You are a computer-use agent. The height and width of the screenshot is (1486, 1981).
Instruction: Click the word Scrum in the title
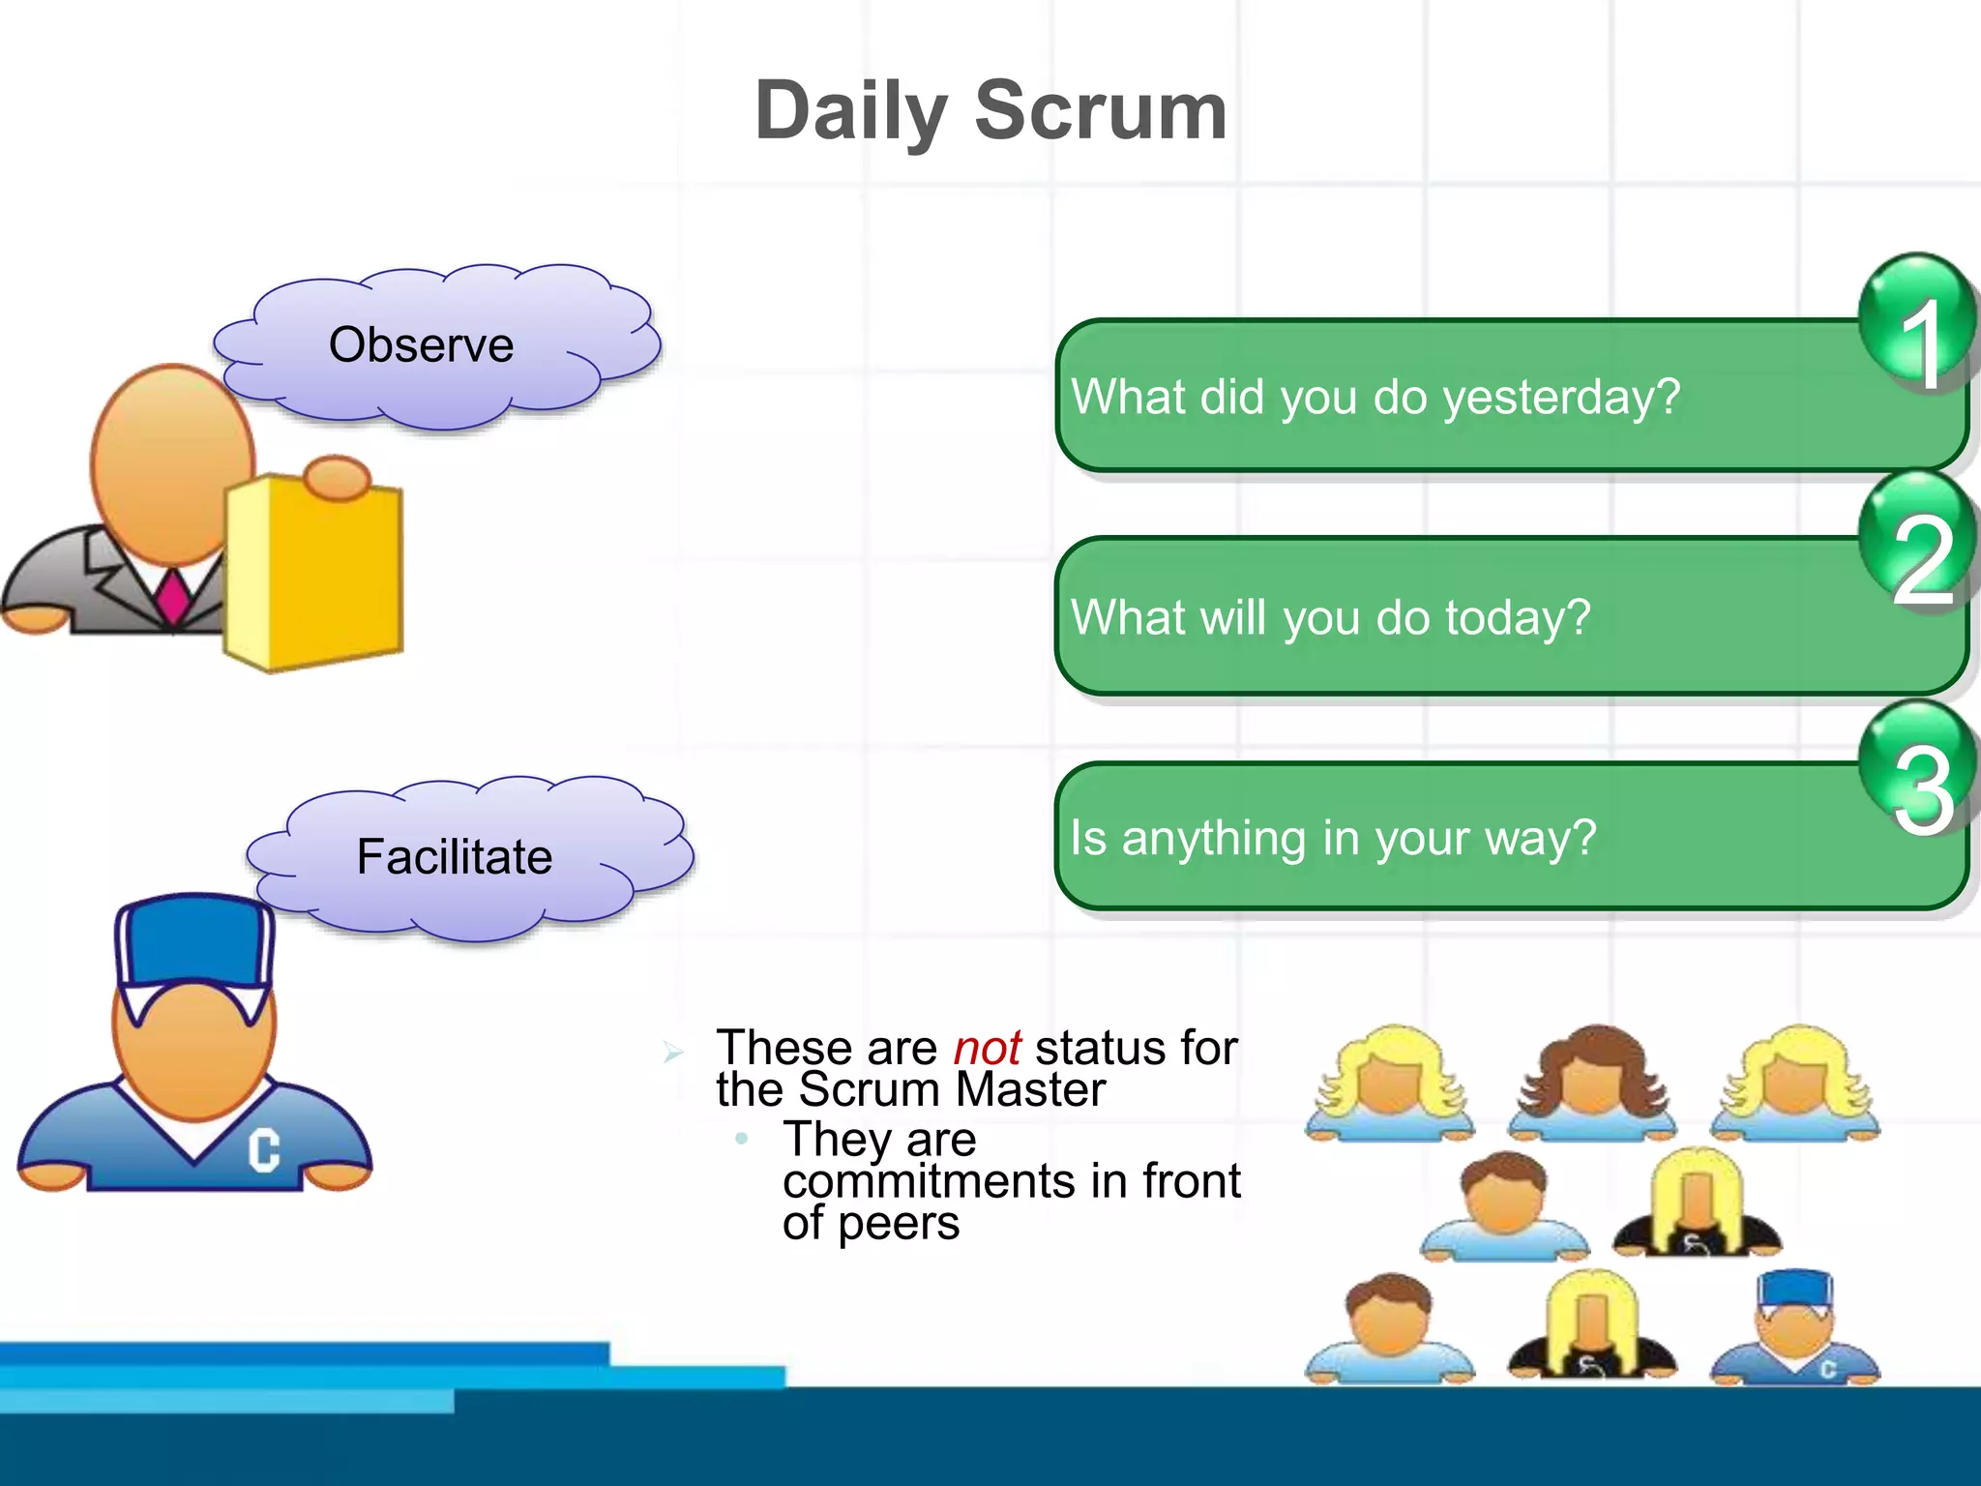[x=1101, y=110]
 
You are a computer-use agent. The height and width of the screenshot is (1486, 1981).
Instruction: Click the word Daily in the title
[x=850, y=112]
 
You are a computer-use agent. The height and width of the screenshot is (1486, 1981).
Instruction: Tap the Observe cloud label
[x=422, y=345]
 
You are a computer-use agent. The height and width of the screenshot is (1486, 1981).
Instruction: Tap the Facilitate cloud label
[x=455, y=857]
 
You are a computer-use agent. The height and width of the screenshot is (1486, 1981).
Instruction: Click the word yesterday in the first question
[x=1561, y=398]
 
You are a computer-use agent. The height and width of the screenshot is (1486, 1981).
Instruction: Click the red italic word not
[x=987, y=1048]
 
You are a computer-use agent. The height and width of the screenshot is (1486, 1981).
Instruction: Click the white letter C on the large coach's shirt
[x=263, y=1150]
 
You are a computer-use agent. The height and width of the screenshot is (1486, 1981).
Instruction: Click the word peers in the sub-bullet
[x=899, y=1224]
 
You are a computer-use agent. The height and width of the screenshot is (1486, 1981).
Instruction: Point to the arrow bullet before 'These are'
[x=674, y=1052]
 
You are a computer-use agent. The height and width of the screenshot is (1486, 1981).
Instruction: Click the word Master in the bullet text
[x=1030, y=1090]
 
